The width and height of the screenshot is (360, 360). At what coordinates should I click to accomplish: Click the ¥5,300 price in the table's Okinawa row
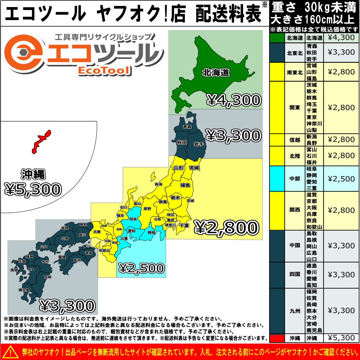(x=341, y=338)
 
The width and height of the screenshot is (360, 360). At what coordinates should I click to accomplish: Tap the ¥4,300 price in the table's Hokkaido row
(x=341, y=37)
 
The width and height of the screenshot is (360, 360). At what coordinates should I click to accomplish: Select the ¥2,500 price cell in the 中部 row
(x=341, y=179)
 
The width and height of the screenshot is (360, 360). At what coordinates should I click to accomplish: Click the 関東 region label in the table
(x=295, y=108)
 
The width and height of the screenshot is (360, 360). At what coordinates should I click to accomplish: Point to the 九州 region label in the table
(x=295, y=311)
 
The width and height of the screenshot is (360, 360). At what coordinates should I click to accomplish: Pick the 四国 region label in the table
(x=295, y=274)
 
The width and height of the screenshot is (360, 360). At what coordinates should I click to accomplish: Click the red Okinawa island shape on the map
(x=41, y=141)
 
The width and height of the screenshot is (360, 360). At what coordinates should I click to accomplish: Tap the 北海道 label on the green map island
(x=216, y=73)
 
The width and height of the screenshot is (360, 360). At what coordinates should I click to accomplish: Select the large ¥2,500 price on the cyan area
(x=142, y=268)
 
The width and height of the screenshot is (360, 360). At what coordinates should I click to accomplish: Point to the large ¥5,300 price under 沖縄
(x=33, y=189)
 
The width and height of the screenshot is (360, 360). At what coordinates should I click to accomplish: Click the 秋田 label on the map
(x=182, y=142)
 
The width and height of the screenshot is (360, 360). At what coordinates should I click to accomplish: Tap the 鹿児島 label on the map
(x=24, y=290)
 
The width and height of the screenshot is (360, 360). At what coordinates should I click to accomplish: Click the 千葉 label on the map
(x=184, y=226)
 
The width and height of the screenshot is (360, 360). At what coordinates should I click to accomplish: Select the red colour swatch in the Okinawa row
(x=277, y=338)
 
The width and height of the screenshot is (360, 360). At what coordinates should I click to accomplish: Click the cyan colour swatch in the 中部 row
(x=277, y=179)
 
